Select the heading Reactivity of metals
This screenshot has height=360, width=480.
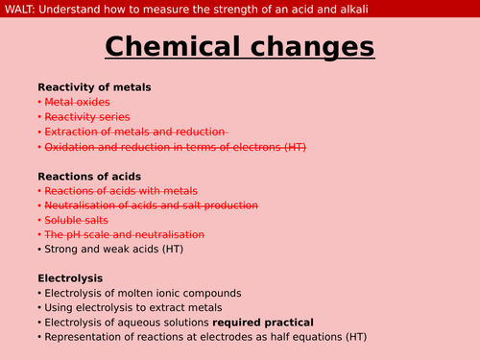coord(94,87)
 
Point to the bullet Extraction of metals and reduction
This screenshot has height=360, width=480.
coord(134,132)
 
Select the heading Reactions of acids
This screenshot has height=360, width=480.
coord(89,176)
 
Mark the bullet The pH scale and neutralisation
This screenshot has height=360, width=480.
coord(125,234)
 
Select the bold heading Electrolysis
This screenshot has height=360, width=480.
coord(70,278)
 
